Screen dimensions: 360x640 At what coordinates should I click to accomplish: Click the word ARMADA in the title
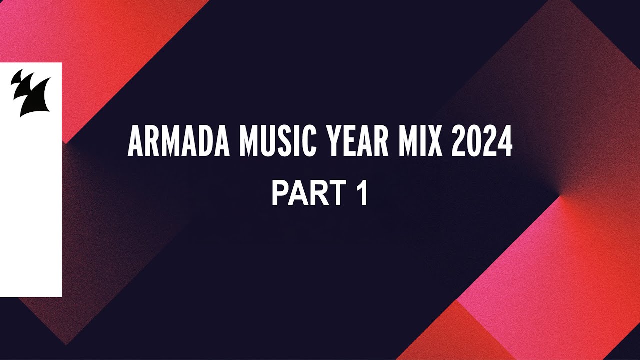coord(178,142)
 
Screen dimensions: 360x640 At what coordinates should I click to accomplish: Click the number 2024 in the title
coord(482,142)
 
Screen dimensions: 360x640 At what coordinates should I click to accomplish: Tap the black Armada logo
coord(30,92)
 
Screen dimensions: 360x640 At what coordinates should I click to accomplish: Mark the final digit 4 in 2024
coord(505,142)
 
